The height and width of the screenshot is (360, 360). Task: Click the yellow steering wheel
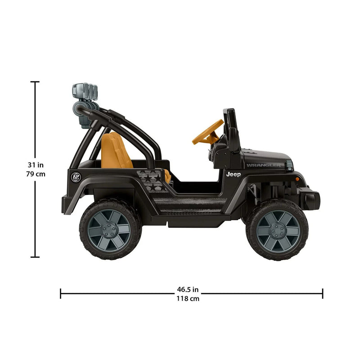207,132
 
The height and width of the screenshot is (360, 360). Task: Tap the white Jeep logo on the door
234,174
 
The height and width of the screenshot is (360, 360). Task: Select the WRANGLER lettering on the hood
263,165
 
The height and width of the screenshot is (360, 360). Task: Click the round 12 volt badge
75,177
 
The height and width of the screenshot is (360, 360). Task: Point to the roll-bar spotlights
85,91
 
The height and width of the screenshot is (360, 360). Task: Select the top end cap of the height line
35,82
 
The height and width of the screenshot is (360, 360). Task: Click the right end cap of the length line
322,294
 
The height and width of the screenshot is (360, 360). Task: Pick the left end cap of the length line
61,294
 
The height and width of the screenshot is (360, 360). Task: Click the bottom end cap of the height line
35,257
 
